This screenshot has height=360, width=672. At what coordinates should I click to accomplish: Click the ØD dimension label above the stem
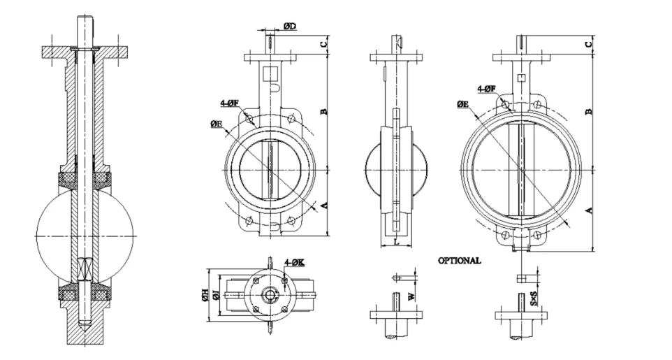(x=290, y=27)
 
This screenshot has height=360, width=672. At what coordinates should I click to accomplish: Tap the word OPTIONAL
(x=459, y=260)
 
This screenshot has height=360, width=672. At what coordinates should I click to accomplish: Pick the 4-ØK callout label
(x=294, y=262)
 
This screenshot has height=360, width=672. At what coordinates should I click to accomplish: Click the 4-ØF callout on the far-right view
(x=487, y=89)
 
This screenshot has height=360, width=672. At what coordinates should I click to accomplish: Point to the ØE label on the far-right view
(x=462, y=104)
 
